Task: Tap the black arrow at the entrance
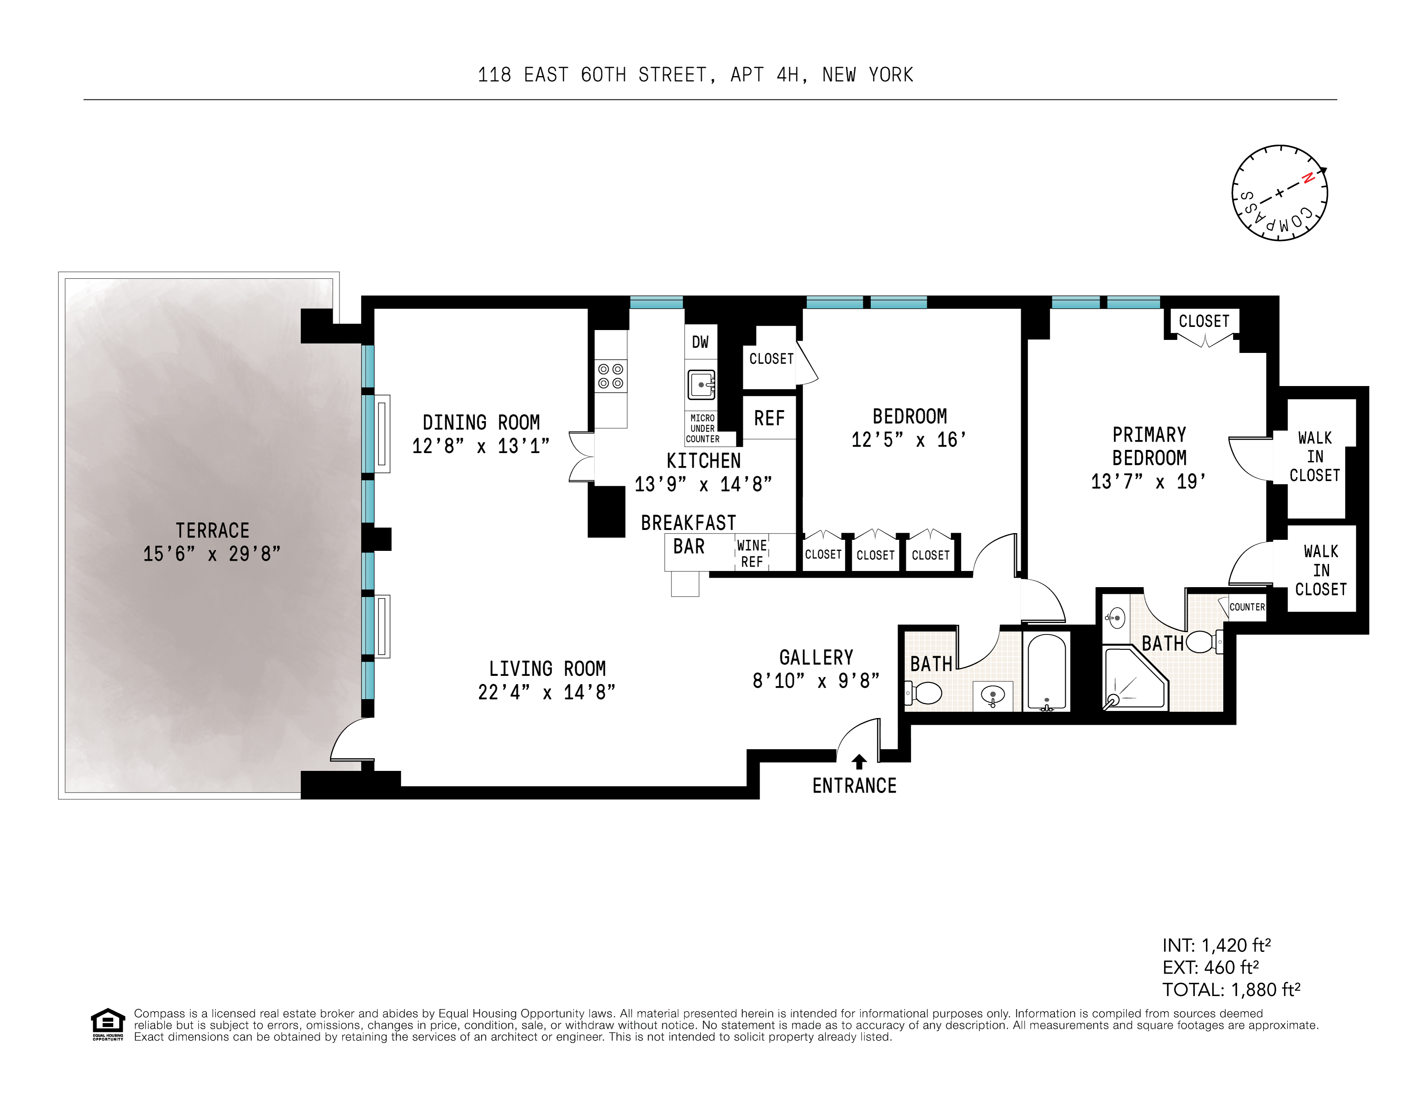(x=859, y=761)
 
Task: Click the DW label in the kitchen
(x=700, y=342)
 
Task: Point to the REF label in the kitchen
(x=769, y=418)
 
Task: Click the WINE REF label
(x=751, y=553)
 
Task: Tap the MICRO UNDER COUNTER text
(x=703, y=429)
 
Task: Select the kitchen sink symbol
(x=701, y=384)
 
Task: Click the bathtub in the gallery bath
(x=1046, y=671)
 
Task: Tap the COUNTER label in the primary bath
(x=1247, y=607)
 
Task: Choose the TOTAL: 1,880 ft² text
(x=1231, y=990)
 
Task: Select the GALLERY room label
(x=816, y=657)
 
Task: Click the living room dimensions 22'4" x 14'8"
(x=547, y=692)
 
